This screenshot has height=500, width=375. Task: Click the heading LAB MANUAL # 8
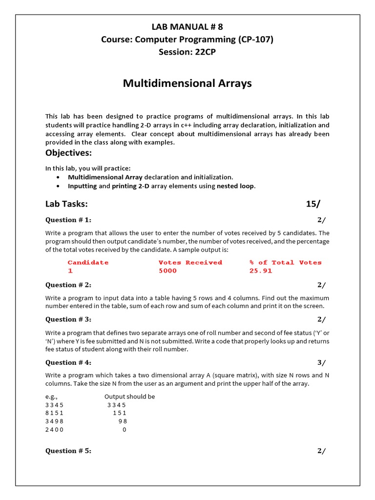click(187, 27)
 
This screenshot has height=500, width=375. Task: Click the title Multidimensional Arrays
click(187, 83)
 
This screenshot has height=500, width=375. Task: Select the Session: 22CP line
click(187, 52)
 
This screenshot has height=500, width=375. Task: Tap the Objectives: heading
click(69, 153)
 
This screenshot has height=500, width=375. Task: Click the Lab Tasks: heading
click(66, 204)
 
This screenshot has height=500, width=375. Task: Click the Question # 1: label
click(68, 220)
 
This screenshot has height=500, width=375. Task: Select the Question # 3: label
click(68, 319)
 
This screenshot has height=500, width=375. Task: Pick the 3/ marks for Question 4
click(321, 362)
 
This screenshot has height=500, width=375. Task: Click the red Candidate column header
click(88, 262)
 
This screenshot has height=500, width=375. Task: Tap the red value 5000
click(167, 271)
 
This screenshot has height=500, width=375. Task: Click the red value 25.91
click(260, 271)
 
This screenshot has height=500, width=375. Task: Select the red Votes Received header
click(190, 262)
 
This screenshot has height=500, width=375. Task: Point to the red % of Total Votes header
click(285, 262)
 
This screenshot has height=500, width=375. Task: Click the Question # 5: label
click(68, 451)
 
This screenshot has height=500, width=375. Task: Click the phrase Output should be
click(129, 396)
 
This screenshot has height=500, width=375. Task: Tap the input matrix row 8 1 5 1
click(54, 413)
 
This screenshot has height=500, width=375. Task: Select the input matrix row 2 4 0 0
click(54, 430)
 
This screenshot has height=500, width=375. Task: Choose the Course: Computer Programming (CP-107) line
click(187, 40)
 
